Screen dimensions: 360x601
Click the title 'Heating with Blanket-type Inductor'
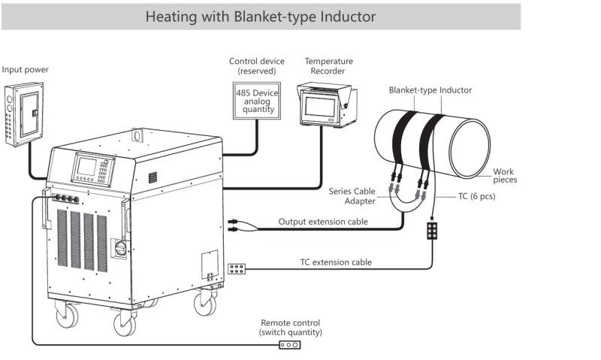click(260, 16)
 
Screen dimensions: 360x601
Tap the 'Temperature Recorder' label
click(329, 66)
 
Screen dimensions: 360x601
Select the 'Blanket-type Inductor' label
click(430, 90)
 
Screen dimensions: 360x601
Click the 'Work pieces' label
click(504, 175)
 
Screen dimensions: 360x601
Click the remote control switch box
click(290, 345)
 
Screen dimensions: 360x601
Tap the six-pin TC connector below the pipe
click(433, 231)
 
